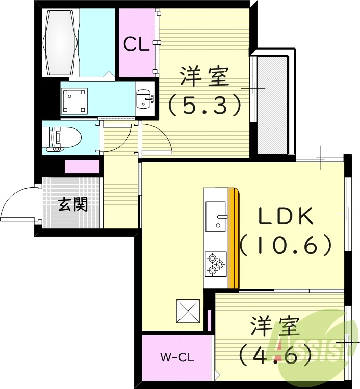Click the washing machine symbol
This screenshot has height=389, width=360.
pos(73,101)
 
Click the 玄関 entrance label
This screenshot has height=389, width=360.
pos(72,204)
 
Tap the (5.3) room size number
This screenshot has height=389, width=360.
pos(204,105)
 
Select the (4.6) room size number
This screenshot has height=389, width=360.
pos(275,353)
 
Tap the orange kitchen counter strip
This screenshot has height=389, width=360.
pos(234,238)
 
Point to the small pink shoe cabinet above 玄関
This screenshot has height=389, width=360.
pos(83,167)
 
